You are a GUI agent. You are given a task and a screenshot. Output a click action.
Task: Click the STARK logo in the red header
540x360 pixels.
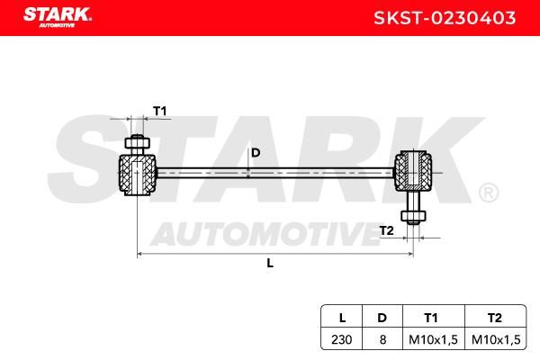(x=58, y=17)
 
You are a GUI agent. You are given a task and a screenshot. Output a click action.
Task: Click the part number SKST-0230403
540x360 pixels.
(x=445, y=18)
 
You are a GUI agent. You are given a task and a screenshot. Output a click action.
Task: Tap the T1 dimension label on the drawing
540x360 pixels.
(x=160, y=111)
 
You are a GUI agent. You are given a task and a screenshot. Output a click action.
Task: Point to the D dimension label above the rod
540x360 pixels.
(x=256, y=153)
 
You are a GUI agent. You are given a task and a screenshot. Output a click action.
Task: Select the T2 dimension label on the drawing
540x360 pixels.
(x=386, y=230)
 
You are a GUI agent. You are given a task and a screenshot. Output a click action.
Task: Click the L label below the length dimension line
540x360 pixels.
(x=270, y=263)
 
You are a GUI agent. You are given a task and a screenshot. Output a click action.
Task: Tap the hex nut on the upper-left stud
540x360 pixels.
(x=137, y=143)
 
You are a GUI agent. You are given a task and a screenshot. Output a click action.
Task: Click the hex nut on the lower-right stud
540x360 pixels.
(x=413, y=216)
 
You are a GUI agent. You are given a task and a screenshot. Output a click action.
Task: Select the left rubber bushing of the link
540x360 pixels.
(x=137, y=175)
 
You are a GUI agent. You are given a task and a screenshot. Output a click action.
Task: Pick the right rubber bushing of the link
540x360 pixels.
(x=413, y=170)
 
